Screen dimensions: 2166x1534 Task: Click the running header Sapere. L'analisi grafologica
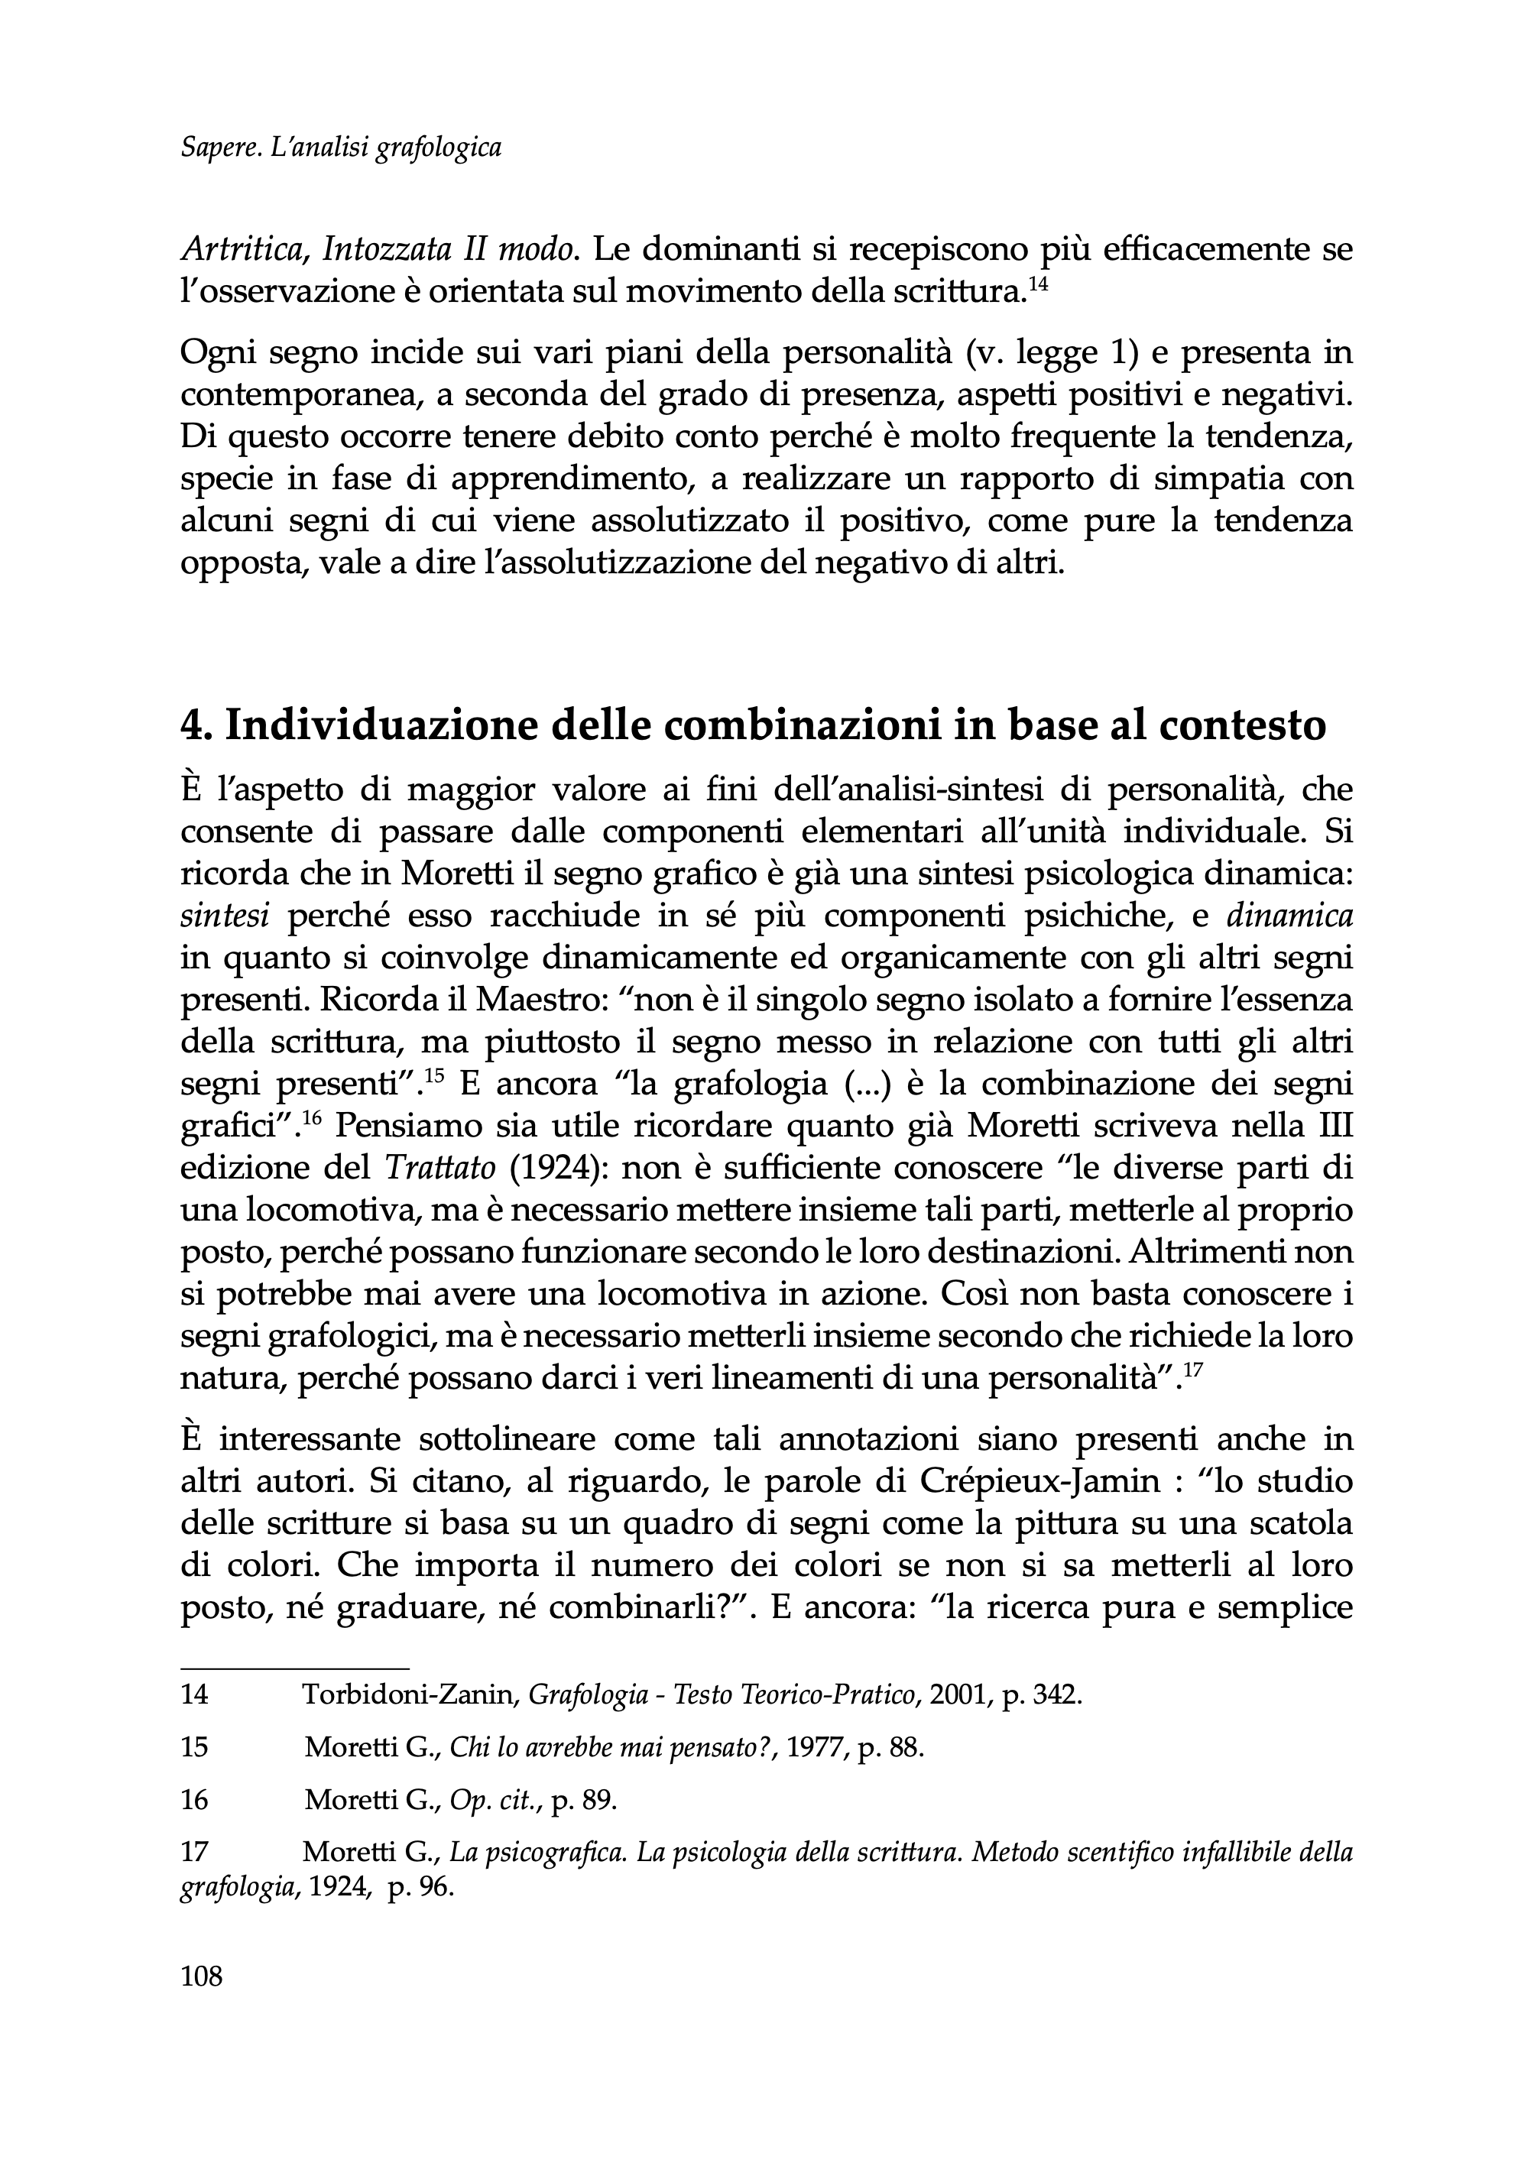click(x=340, y=148)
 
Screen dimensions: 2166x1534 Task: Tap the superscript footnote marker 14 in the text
click(x=1037, y=284)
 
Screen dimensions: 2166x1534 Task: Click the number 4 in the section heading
click(x=191, y=725)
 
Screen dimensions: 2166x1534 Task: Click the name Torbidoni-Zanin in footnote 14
click(x=409, y=1694)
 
